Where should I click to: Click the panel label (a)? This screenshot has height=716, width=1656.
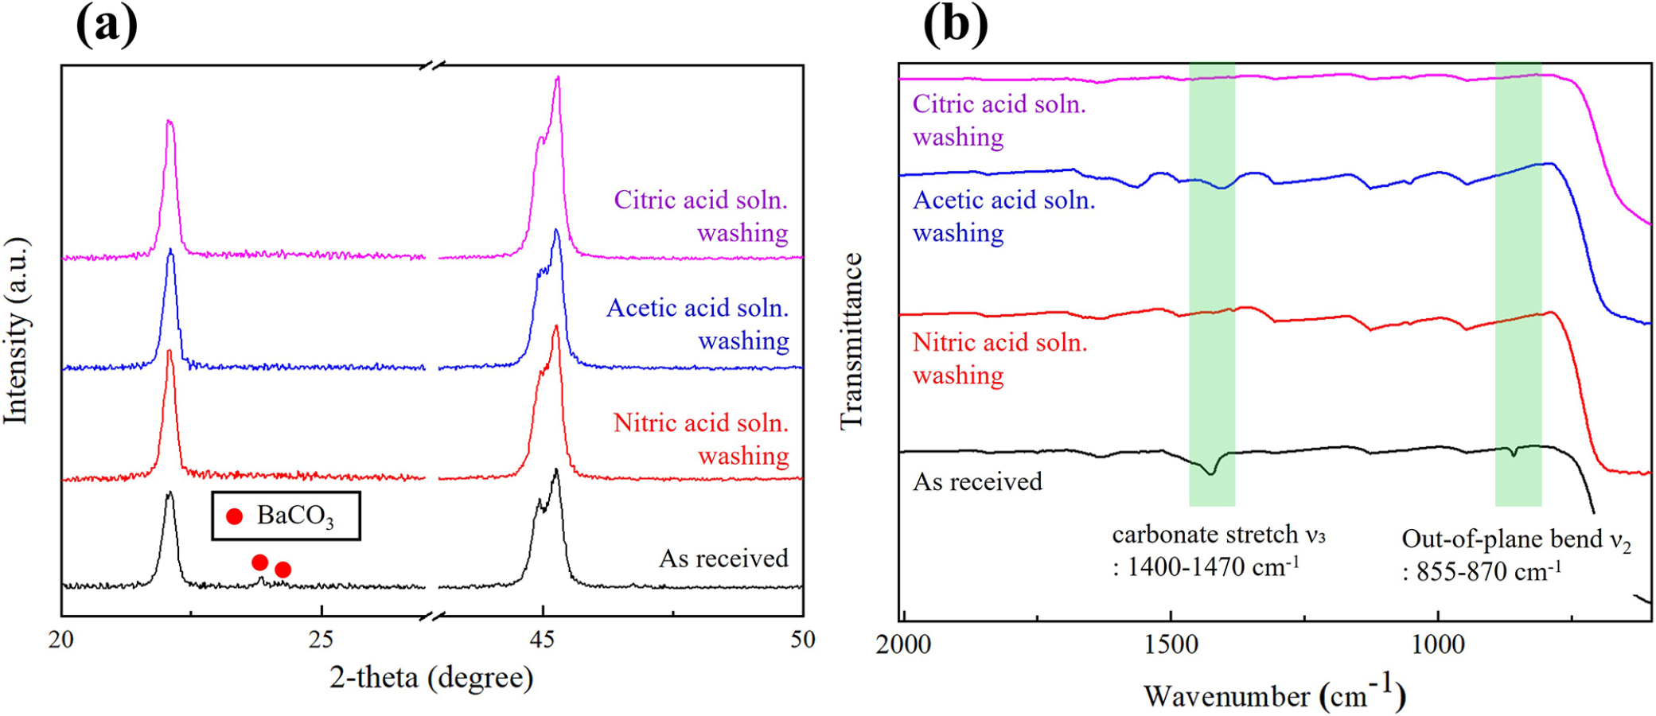106,25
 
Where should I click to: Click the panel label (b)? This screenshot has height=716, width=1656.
955,25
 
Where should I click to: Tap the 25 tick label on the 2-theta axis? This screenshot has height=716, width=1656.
321,640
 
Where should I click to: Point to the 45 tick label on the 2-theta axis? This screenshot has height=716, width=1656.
543,640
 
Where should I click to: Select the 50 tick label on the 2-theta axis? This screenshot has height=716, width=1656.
803,640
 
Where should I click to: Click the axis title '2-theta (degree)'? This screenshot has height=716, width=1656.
431,678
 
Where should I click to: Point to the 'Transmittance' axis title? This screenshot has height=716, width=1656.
851,340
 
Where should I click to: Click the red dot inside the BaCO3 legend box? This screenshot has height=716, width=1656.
234,516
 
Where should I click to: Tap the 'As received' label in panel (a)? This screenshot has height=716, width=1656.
723,558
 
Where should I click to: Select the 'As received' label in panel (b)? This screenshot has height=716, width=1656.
977,481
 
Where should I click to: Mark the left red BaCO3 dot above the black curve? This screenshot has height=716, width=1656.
259,562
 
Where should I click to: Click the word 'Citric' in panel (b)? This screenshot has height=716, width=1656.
944,104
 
